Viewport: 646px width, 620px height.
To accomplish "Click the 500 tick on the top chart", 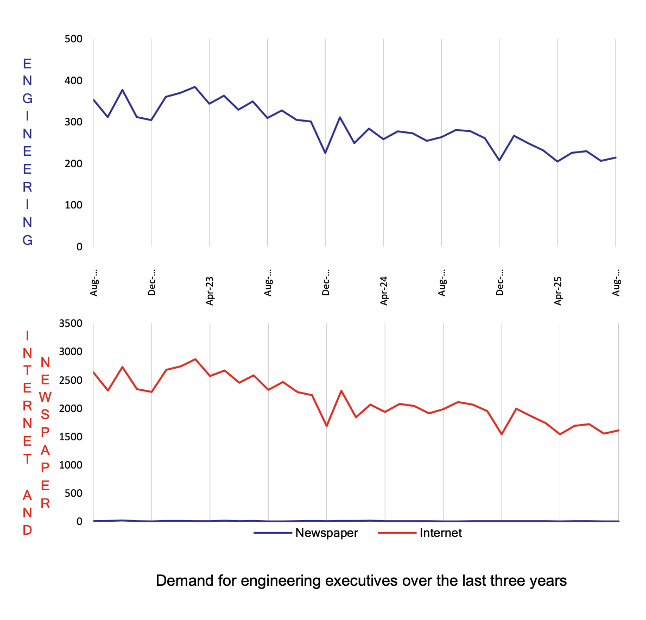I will tap(73, 39).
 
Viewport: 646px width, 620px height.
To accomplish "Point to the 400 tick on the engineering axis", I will tap(73, 81).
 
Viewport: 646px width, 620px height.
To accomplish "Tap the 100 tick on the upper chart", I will tap(73, 205).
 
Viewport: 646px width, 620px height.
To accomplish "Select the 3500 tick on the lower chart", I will tap(71, 324).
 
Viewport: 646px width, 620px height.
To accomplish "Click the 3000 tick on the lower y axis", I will tap(71, 352).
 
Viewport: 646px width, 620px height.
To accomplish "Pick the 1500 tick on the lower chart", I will tap(71, 437).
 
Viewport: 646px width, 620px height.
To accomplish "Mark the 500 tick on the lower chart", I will tap(73, 494).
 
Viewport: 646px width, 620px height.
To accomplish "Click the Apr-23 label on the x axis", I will tap(210, 291).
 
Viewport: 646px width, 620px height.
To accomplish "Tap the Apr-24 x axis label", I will tap(384, 291).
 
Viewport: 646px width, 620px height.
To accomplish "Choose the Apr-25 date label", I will tap(559, 291).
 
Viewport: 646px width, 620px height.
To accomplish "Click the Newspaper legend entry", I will tap(326, 533).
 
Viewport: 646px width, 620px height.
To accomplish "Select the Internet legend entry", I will tap(440, 533).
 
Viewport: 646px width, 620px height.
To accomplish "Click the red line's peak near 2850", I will tap(195, 359).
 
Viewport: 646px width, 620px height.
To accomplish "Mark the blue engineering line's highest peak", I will tap(195, 87).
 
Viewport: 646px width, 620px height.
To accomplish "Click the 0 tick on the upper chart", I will tap(79, 247).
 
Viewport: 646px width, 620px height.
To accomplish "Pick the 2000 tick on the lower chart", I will tap(71, 409).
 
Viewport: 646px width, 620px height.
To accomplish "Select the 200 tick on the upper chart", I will tap(73, 164).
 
